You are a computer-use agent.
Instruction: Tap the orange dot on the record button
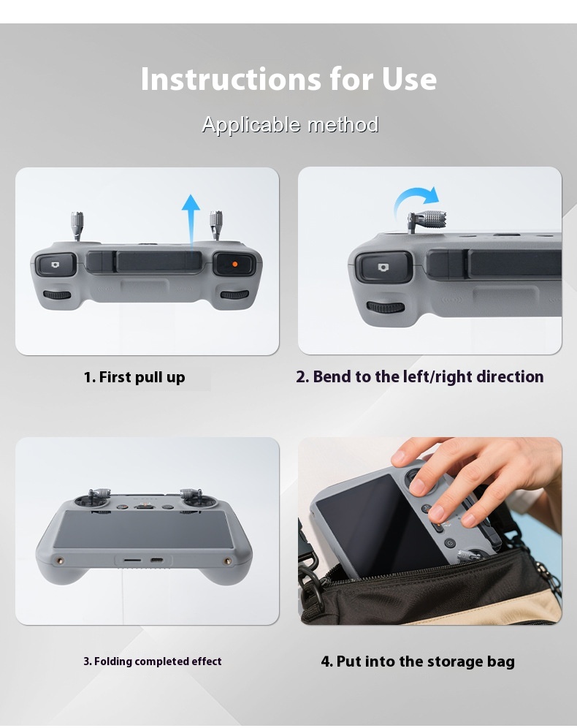234,264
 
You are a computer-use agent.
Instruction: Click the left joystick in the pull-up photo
77,226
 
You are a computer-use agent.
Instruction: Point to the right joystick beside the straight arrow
215,226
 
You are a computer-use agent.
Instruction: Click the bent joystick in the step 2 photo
427,221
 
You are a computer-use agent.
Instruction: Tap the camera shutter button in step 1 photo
56,265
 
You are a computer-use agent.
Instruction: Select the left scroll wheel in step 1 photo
57,295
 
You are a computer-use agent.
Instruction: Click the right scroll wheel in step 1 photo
234,295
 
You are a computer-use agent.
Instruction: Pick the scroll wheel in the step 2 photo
386,307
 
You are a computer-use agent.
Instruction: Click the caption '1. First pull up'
134,377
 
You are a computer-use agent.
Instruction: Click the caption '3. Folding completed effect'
153,661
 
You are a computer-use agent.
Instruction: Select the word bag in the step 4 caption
500,661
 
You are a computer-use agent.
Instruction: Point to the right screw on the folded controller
228,561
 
